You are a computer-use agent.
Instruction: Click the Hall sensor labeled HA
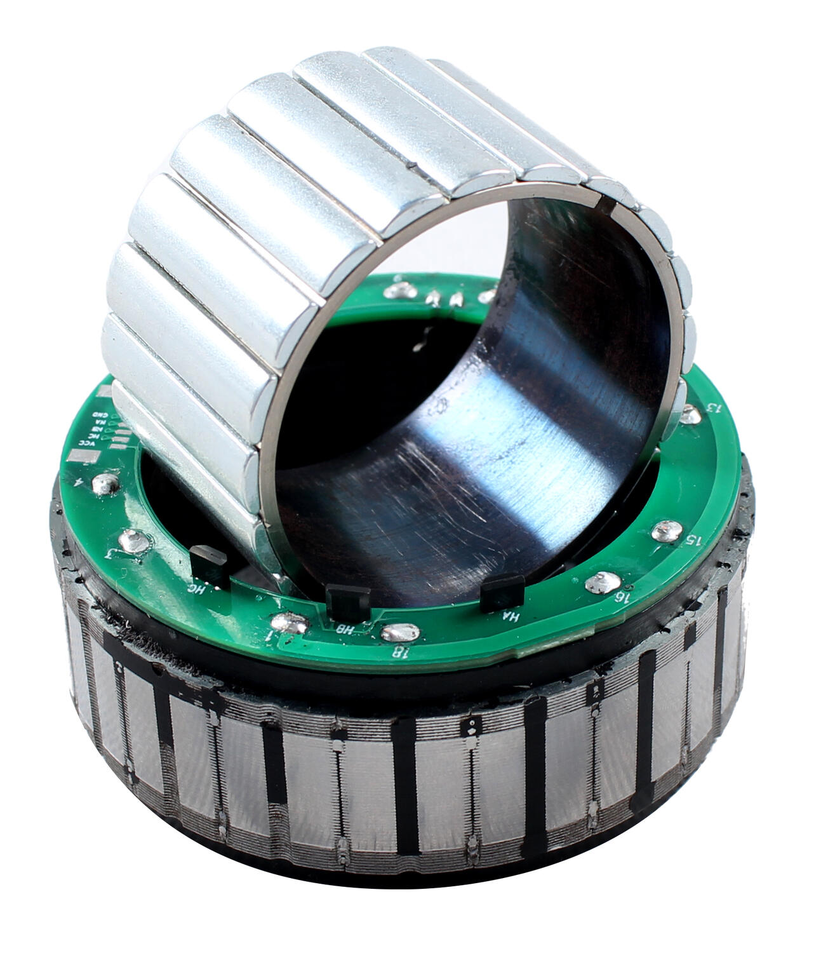[x=502, y=593]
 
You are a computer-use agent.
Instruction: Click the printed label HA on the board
[x=510, y=616]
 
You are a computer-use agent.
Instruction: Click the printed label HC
[x=197, y=588]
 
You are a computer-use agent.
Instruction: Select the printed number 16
[x=624, y=597]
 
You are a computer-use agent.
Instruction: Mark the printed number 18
[x=399, y=651]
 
